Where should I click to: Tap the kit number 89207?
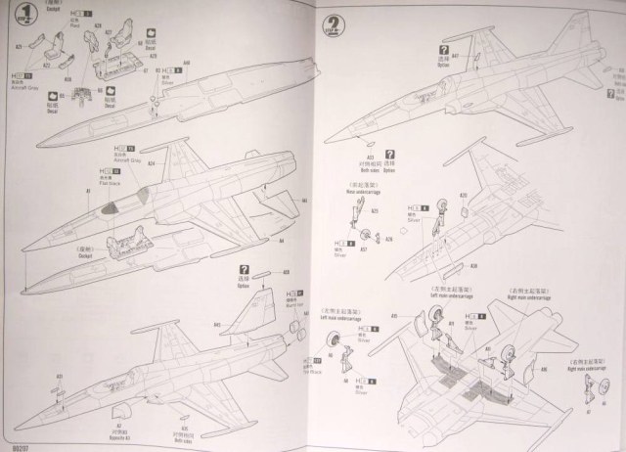click(14, 443)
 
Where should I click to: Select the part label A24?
click(152, 162)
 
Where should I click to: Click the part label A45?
click(218, 323)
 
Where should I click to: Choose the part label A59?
click(287, 273)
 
